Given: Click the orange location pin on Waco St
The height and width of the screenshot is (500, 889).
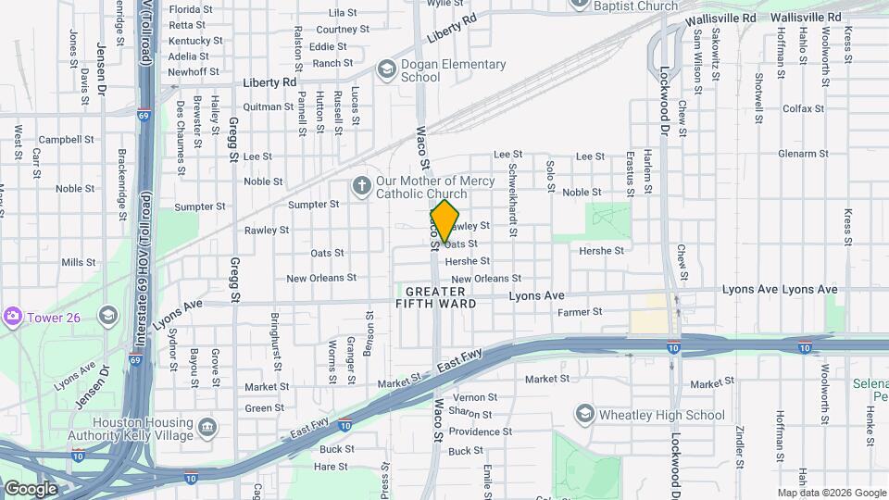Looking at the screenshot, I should pyautogui.click(x=445, y=221).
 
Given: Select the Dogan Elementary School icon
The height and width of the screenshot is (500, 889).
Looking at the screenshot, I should pyautogui.click(x=386, y=70).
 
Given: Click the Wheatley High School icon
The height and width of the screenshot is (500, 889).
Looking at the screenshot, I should pyautogui.click(x=584, y=414).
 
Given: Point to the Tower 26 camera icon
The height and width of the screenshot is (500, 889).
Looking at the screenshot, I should pyautogui.click(x=12, y=318).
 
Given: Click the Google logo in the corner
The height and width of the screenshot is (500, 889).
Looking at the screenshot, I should pyautogui.click(x=30, y=489).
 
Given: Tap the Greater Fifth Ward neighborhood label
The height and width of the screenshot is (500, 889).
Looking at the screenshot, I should pyautogui.click(x=435, y=297).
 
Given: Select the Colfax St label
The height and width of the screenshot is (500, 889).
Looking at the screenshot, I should pyautogui.click(x=802, y=108).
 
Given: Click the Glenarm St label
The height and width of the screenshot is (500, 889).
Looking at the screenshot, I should pyautogui.click(x=802, y=154).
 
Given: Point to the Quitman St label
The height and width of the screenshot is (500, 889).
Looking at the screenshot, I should pyautogui.click(x=269, y=106).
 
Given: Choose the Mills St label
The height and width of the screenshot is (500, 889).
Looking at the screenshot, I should pyautogui.click(x=79, y=263).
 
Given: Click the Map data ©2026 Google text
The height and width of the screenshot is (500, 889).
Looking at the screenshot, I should pyautogui.click(x=832, y=493).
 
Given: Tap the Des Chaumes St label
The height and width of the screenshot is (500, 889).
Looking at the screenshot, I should pyautogui.click(x=180, y=124).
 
